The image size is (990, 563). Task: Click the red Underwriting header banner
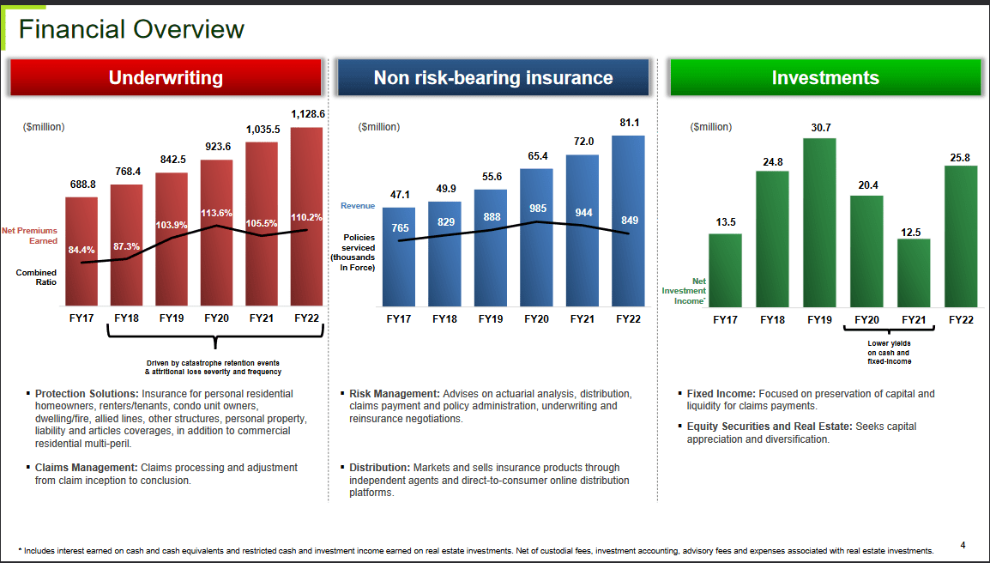click(x=166, y=78)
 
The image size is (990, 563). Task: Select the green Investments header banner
click(x=824, y=78)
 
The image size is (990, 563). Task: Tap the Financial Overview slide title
click(x=131, y=29)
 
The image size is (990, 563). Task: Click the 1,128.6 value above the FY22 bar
click(x=307, y=114)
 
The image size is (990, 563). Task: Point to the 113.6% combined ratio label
click(x=217, y=213)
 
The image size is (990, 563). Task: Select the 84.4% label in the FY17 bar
click(x=81, y=250)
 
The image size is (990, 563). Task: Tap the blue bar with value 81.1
click(x=628, y=221)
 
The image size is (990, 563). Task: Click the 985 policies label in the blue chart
click(x=537, y=208)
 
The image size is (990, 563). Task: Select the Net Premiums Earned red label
click(x=30, y=235)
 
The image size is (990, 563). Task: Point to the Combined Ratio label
click(x=36, y=277)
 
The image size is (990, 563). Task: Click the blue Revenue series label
click(x=357, y=206)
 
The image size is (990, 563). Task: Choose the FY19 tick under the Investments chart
click(x=820, y=319)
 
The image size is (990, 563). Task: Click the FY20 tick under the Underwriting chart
click(x=217, y=318)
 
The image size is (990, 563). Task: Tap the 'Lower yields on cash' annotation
click(x=889, y=353)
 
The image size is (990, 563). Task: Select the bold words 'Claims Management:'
click(x=86, y=468)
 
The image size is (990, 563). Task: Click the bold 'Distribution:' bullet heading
click(x=379, y=468)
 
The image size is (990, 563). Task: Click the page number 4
click(x=963, y=545)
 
